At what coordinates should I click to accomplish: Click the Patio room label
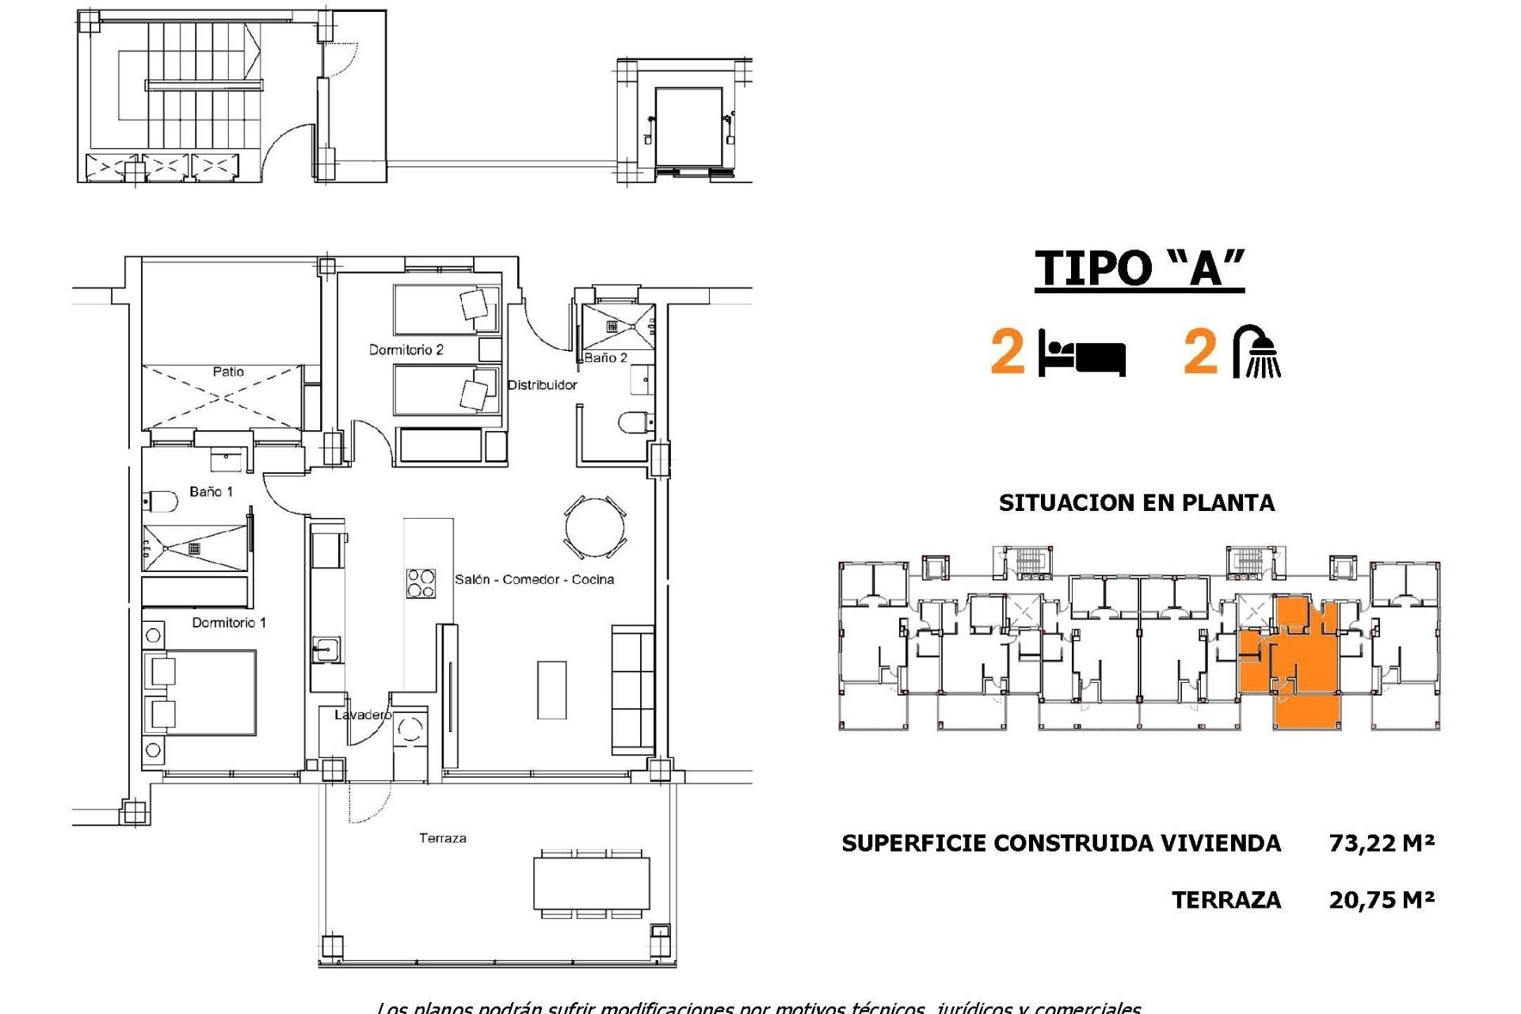(x=228, y=372)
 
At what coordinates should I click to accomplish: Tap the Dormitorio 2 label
(x=406, y=349)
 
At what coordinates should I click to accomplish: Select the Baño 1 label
(x=212, y=492)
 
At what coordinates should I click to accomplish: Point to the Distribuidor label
(x=542, y=385)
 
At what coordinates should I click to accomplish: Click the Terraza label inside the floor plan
(x=443, y=838)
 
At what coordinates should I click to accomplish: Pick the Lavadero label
(x=362, y=715)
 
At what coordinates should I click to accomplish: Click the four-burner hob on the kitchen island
(x=421, y=583)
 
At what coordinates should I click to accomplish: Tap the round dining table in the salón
(x=595, y=527)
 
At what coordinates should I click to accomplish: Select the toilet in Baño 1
(x=161, y=501)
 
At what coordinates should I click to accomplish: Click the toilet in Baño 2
(x=635, y=423)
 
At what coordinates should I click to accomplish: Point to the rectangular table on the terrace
(x=592, y=883)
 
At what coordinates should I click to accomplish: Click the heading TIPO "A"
(x=1139, y=268)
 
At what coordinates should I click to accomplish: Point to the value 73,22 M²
(x=1382, y=843)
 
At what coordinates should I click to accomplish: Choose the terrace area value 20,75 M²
(x=1382, y=900)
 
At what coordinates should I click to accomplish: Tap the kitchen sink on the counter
(x=326, y=650)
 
